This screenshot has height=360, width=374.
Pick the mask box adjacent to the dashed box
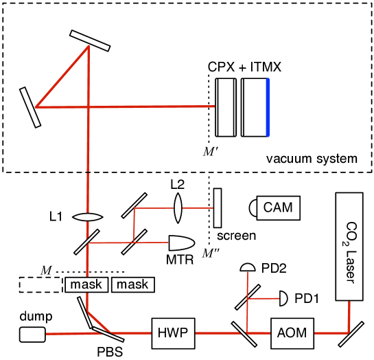point(86,284)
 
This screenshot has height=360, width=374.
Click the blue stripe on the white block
point(268,107)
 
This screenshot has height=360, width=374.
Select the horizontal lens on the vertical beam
point(88,218)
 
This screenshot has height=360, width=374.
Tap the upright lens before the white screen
point(178,207)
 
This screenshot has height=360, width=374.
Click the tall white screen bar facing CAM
point(218,207)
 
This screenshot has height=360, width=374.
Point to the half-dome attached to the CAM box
point(254,207)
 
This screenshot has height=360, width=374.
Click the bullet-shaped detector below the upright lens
point(181,243)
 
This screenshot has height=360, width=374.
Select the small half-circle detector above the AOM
point(247,267)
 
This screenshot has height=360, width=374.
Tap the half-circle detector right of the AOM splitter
point(283,299)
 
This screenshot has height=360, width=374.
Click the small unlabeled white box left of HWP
point(32,335)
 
